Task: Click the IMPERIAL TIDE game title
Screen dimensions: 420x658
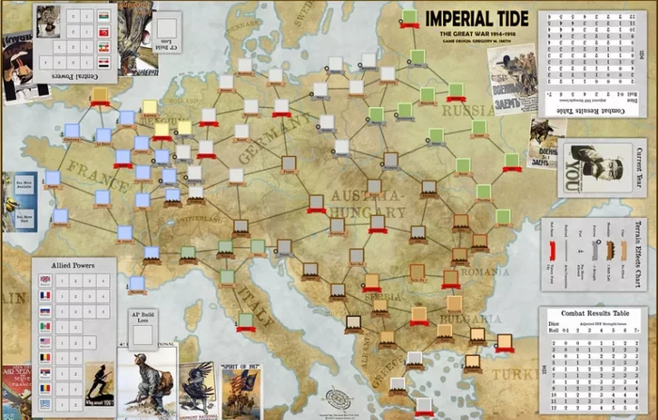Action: tap(477, 19)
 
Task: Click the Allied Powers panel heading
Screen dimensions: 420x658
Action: tap(72, 266)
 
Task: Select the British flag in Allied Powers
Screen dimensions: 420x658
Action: tap(45, 279)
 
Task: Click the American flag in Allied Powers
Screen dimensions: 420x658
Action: tap(45, 341)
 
